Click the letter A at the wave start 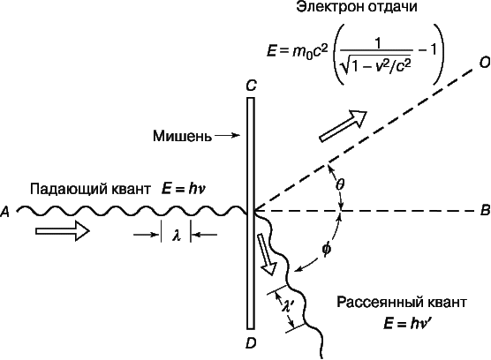click(5, 212)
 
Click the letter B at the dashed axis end click(485, 211)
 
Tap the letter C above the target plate click(252, 86)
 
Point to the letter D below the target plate click(251, 343)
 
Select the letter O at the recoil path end click(485, 63)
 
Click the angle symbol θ click(340, 184)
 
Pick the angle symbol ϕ click(326, 250)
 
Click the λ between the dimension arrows click(177, 236)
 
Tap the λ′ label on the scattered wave click(287, 305)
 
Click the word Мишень click(182, 136)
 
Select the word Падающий click(64, 190)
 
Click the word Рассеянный click(374, 303)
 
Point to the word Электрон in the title click(329, 6)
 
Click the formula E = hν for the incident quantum click(184, 189)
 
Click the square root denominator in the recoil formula click(376, 64)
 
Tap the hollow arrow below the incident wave click(63, 231)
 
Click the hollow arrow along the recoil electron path click(343, 126)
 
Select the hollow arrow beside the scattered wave click(266, 254)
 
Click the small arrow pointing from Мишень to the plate click(227, 135)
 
